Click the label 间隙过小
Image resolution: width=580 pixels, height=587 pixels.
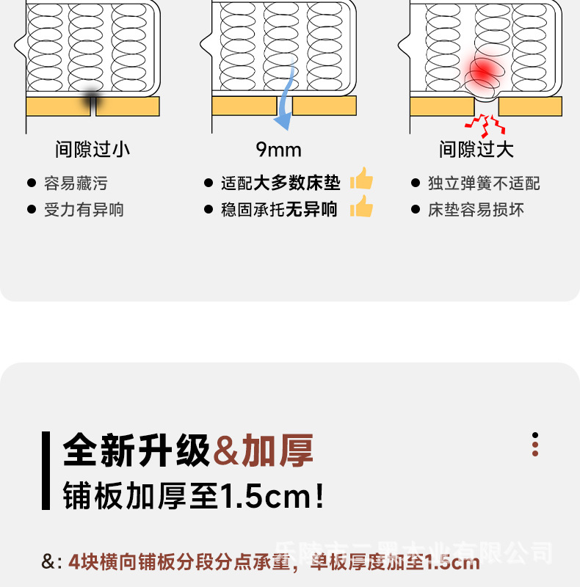(x=93, y=150)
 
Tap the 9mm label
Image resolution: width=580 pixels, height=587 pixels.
(x=279, y=150)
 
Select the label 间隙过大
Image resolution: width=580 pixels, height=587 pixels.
(x=476, y=150)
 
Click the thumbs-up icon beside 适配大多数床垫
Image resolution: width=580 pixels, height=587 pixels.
(x=361, y=179)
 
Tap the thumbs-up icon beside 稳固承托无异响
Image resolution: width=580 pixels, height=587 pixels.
(x=361, y=207)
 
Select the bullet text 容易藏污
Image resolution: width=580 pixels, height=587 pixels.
(x=76, y=183)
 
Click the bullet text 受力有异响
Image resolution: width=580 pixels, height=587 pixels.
(x=84, y=210)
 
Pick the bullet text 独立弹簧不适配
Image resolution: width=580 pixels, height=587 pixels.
(x=484, y=183)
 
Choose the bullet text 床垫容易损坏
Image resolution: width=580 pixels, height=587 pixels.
(x=476, y=210)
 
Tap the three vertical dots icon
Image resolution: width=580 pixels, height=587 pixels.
(x=535, y=445)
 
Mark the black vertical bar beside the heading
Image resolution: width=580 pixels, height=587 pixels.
(x=46, y=470)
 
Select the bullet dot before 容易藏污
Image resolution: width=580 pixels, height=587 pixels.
(x=31, y=183)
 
